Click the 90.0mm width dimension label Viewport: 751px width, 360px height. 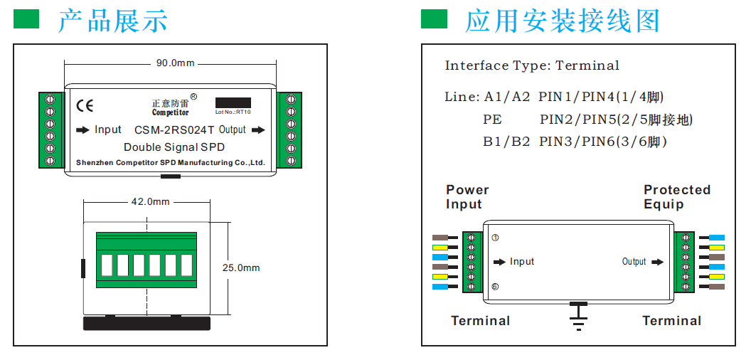point(175,63)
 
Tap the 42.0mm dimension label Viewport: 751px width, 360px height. point(150,202)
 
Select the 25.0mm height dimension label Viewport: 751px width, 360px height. point(241,268)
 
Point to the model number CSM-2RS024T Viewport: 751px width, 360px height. point(174,130)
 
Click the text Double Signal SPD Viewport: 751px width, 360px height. point(174,147)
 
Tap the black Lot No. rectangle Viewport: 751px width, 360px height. point(233,102)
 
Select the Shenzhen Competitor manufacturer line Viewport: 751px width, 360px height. point(170,163)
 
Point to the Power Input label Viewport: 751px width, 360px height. point(467,197)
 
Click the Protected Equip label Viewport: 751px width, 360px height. point(676,197)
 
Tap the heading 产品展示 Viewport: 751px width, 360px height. point(112,21)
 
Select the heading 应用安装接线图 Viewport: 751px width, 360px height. point(562,21)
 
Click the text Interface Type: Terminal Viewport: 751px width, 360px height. point(532,65)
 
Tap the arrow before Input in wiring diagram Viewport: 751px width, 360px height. point(500,262)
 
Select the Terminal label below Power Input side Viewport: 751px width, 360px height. point(480,321)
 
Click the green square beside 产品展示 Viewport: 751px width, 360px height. point(27,19)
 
